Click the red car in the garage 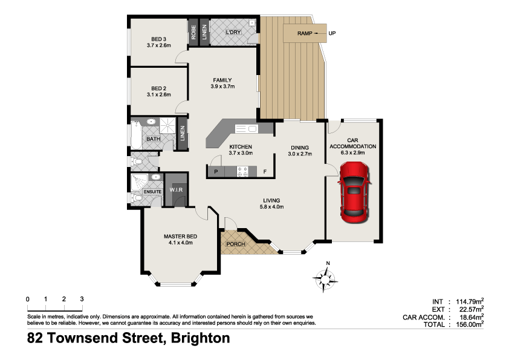[354, 194]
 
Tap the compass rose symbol [326, 278]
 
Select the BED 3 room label [159, 40]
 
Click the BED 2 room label [159, 88]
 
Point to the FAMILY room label [222, 80]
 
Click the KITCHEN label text [240, 147]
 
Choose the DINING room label [299, 147]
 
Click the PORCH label [234, 245]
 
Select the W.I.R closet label [176, 191]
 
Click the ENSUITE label [152, 192]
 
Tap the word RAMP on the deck [304, 33]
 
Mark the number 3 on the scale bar [82, 299]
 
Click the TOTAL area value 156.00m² [467, 325]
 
